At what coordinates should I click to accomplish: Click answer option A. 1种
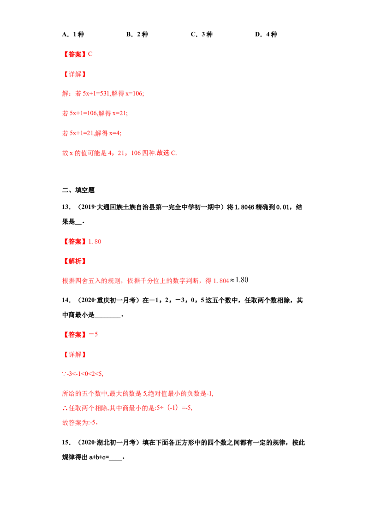[73, 34]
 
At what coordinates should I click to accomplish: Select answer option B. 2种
[137, 34]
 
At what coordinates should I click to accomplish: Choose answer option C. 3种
[202, 34]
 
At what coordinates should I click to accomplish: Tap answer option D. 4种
[266, 34]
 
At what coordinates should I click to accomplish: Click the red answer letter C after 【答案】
[90, 54]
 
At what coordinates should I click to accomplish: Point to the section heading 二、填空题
[78, 190]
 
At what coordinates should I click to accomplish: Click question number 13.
[66, 207]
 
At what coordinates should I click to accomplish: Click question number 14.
[66, 300]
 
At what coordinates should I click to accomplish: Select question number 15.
[66, 442]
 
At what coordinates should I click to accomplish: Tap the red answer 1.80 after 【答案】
[95, 242]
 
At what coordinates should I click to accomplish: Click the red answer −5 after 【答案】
[93, 334]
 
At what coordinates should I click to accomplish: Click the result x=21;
[120, 113]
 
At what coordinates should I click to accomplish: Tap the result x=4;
[115, 133]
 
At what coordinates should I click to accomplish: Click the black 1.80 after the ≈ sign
[242, 280]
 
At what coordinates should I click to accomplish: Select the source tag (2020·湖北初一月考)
[108, 442]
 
